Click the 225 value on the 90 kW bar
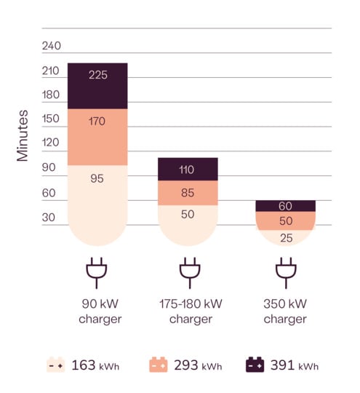(x=97, y=75)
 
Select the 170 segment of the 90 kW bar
(x=97, y=122)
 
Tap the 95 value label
(x=97, y=178)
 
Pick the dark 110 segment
(x=188, y=170)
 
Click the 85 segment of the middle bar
(x=188, y=194)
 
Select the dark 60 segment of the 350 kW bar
(x=285, y=206)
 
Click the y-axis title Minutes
(x=23, y=135)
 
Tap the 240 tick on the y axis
(x=52, y=46)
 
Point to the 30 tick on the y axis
(x=49, y=217)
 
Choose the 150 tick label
(x=52, y=119)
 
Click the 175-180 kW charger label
(x=190, y=311)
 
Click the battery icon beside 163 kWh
(x=56, y=365)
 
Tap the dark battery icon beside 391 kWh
(x=255, y=365)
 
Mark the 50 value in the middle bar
(x=188, y=214)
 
